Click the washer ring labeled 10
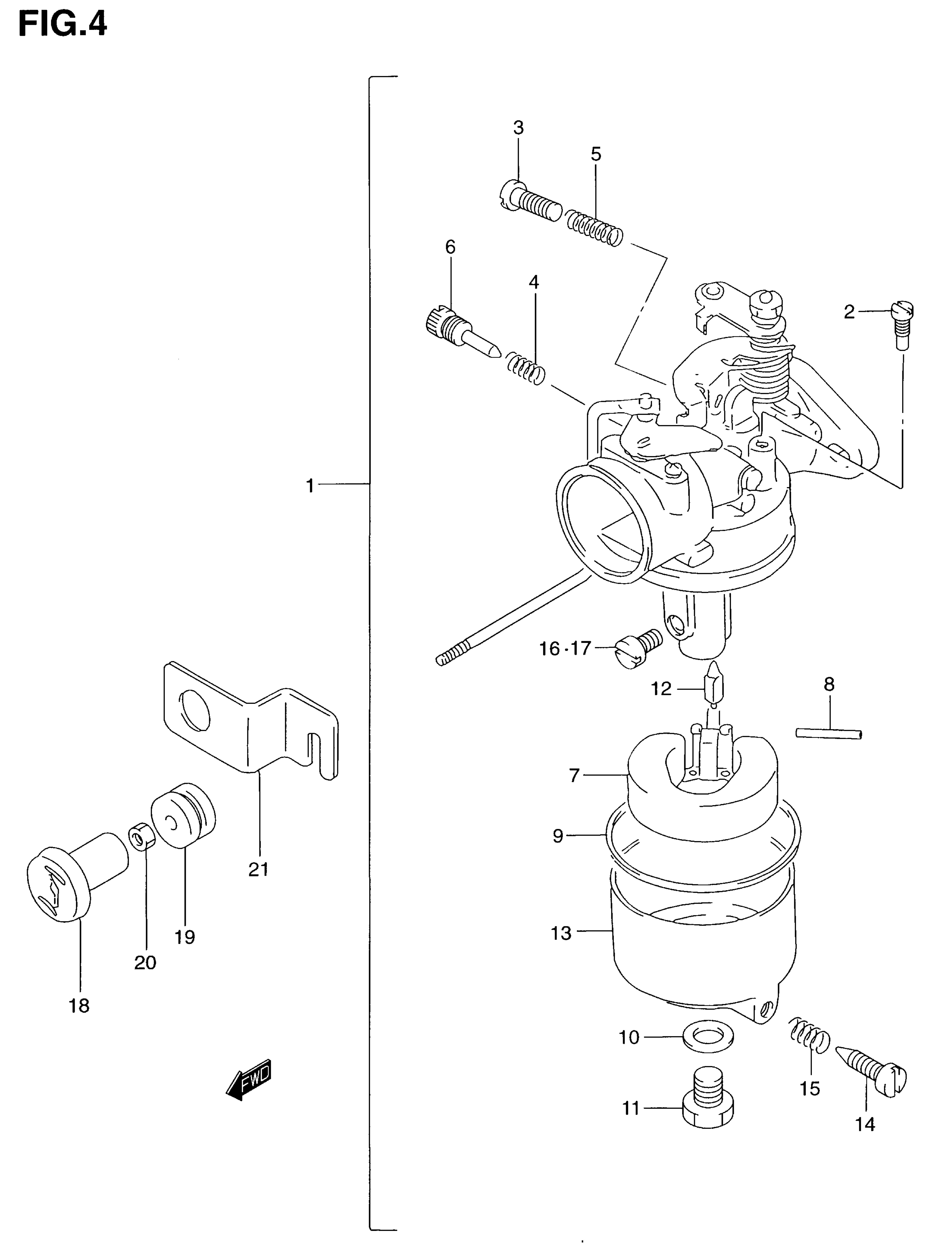[x=708, y=1036]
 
